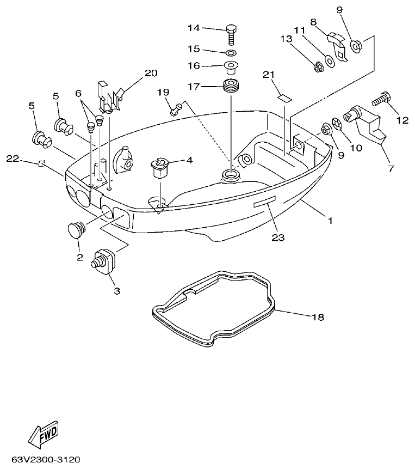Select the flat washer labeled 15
tap(231, 53)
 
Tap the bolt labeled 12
tap(379, 101)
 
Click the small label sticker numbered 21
tap(283, 98)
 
